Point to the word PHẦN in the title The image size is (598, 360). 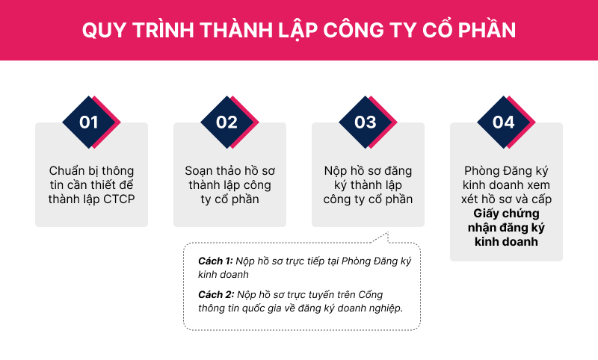click(487, 29)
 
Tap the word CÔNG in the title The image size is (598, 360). click(354, 29)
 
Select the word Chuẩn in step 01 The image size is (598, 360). click(67, 171)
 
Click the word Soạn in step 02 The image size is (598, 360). click(199, 171)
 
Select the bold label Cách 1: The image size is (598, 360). click(215, 261)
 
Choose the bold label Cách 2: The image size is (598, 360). click(216, 294)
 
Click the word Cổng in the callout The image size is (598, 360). click(371, 295)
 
